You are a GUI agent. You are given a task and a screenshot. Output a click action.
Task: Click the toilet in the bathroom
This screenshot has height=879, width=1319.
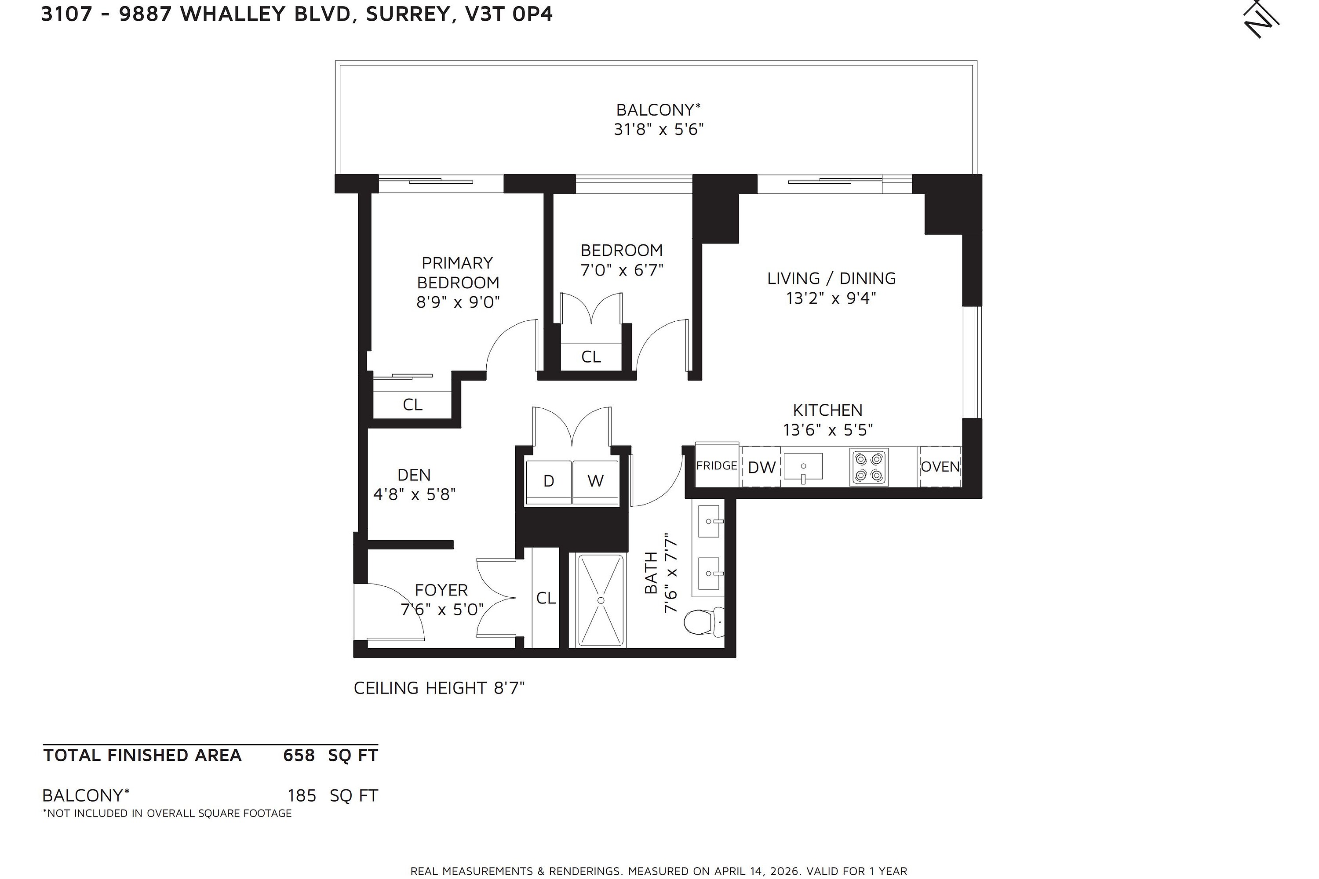point(703,622)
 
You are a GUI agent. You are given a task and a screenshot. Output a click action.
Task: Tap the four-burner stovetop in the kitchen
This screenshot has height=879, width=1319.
point(869,467)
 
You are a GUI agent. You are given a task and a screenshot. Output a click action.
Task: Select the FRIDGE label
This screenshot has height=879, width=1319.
point(717,466)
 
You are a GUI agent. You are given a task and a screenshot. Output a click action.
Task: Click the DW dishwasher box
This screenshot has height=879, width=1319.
point(762,467)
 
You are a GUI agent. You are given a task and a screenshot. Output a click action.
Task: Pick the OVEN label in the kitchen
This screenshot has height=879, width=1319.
point(940,466)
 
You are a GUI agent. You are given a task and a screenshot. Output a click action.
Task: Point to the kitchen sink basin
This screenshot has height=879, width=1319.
point(803,466)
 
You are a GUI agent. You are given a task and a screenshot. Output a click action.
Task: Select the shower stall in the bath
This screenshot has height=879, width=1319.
point(601,600)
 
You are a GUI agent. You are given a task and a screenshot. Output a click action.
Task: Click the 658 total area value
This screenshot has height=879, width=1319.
point(299,755)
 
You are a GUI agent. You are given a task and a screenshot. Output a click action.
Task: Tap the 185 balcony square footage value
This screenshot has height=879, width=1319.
point(302,795)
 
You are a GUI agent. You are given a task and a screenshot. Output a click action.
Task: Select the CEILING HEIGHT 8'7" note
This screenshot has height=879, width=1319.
point(439,688)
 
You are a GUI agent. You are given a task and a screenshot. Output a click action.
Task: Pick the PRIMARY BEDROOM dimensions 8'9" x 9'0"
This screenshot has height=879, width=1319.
point(458,302)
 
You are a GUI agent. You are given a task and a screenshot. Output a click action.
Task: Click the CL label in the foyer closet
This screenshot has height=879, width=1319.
point(546,598)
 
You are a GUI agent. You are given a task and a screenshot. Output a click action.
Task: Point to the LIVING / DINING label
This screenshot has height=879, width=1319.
point(831,278)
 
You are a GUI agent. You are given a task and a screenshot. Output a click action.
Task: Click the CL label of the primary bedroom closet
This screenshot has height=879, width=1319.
point(413,404)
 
